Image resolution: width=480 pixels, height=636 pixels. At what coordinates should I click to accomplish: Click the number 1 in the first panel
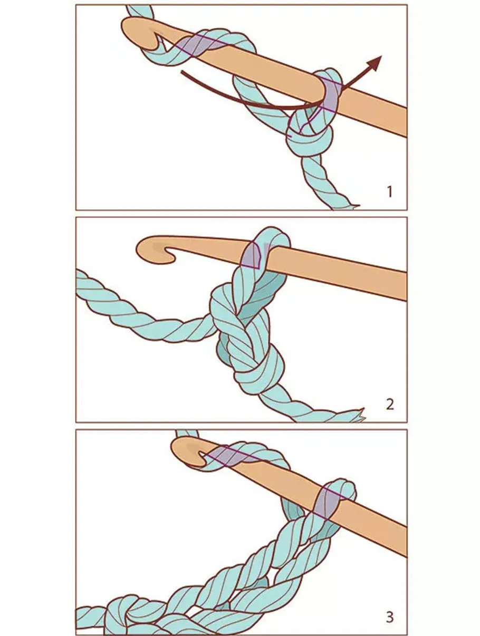[390, 191]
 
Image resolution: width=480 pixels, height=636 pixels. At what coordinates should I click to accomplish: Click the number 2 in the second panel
[390, 404]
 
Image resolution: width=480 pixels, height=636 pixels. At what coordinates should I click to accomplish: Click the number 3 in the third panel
[390, 617]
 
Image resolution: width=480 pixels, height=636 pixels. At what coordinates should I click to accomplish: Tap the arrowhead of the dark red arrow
[375, 62]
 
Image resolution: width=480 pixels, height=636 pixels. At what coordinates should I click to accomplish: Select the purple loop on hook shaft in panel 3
[327, 501]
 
